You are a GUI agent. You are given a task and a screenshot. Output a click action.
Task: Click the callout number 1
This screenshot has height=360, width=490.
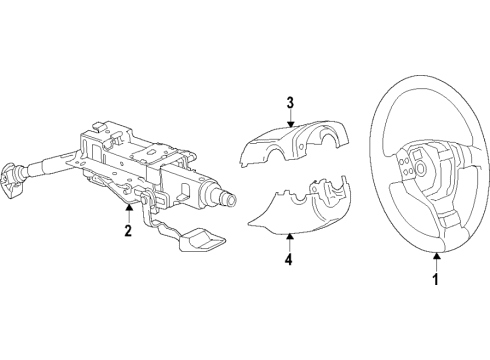[x=436, y=279]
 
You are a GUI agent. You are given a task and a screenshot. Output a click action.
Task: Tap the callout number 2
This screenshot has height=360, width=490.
[x=128, y=231]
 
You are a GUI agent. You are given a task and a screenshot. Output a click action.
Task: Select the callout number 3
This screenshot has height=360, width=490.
[x=291, y=103]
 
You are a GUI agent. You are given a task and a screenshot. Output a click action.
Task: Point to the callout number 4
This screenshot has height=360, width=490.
[x=289, y=259]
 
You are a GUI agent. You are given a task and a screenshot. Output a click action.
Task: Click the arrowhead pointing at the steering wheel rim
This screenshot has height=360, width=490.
[x=436, y=256]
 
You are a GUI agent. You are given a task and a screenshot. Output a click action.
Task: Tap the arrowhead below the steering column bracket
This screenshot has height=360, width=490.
[x=129, y=207]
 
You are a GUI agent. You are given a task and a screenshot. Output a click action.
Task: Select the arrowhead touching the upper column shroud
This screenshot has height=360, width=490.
[x=291, y=125]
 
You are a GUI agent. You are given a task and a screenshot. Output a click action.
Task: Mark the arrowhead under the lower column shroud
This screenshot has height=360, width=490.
[x=290, y=236]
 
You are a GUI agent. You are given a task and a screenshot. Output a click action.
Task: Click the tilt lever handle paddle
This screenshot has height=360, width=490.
[x=202, y=240]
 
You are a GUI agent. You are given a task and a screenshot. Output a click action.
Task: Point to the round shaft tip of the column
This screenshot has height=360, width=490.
[x=230, y=200]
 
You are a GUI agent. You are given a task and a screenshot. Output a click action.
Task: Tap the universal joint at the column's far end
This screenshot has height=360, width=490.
[x=12, y=178]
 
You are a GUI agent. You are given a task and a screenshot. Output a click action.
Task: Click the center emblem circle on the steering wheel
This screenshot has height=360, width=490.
[x=422, y=168]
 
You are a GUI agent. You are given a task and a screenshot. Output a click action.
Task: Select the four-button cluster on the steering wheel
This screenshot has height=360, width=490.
[x=405, y=166]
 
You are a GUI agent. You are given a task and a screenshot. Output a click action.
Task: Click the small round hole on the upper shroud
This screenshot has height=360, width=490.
[x=301, y=147]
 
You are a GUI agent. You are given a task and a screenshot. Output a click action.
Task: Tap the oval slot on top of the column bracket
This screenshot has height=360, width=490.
[x=151, y=152]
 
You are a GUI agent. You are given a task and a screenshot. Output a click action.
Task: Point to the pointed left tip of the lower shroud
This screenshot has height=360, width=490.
[x=249, y=224]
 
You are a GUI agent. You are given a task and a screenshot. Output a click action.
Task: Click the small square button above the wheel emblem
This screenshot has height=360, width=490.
[x=417, y=154]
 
